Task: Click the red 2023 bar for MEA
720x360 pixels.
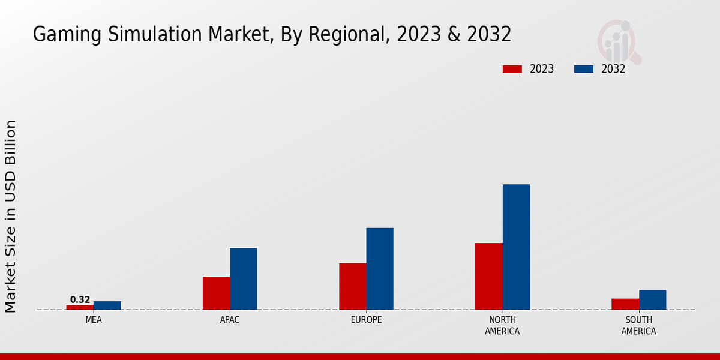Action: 80,307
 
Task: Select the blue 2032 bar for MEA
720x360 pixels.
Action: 107,305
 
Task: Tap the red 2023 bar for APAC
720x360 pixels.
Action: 216,293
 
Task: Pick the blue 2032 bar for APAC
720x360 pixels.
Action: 243,278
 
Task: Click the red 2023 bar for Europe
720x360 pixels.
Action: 352,286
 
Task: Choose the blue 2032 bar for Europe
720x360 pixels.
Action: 380,269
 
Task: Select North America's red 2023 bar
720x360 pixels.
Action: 488,276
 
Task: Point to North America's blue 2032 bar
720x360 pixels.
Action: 516,247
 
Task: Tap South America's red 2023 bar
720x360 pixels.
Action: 625,304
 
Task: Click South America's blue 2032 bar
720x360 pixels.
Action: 652,299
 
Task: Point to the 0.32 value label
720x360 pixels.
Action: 80,299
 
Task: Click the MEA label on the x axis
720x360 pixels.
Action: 94,320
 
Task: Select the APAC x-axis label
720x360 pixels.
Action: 230,320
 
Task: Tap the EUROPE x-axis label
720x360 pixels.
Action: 366,320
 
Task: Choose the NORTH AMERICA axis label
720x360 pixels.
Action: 502,325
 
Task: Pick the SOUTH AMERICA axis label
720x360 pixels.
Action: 638,325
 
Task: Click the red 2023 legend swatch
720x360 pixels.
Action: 512,69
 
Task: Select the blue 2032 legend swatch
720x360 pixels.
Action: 583,69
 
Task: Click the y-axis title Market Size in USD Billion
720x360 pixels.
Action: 11,216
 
